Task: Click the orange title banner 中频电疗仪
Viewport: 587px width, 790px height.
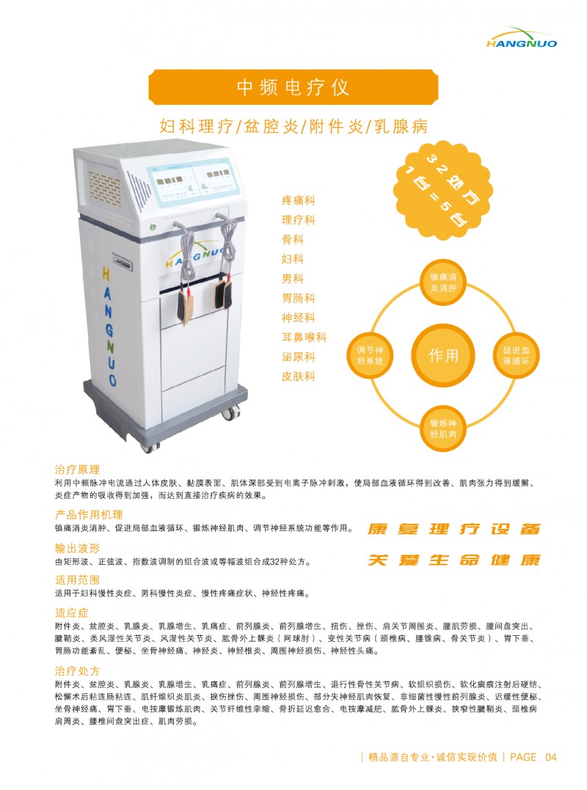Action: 293,87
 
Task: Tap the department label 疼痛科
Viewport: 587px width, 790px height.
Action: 299,200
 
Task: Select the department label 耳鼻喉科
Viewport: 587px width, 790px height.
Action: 305,337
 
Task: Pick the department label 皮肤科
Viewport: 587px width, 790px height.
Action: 299,376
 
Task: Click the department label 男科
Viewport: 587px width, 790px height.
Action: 293,279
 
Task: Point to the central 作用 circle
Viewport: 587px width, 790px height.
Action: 443,356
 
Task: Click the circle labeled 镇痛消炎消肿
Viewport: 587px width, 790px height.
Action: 443,282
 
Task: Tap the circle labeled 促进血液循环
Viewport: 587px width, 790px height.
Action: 516,356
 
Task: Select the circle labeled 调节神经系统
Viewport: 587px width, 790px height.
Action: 371,356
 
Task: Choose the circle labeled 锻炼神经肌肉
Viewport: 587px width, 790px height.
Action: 443,428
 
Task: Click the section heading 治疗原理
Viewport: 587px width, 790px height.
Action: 77,469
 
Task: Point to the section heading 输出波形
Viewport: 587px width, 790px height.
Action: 77,548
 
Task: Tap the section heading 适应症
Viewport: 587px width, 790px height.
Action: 72,612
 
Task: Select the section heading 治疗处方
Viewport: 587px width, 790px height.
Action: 77,671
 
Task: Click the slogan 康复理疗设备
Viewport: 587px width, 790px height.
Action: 454,529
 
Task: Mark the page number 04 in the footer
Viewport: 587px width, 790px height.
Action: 551,757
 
